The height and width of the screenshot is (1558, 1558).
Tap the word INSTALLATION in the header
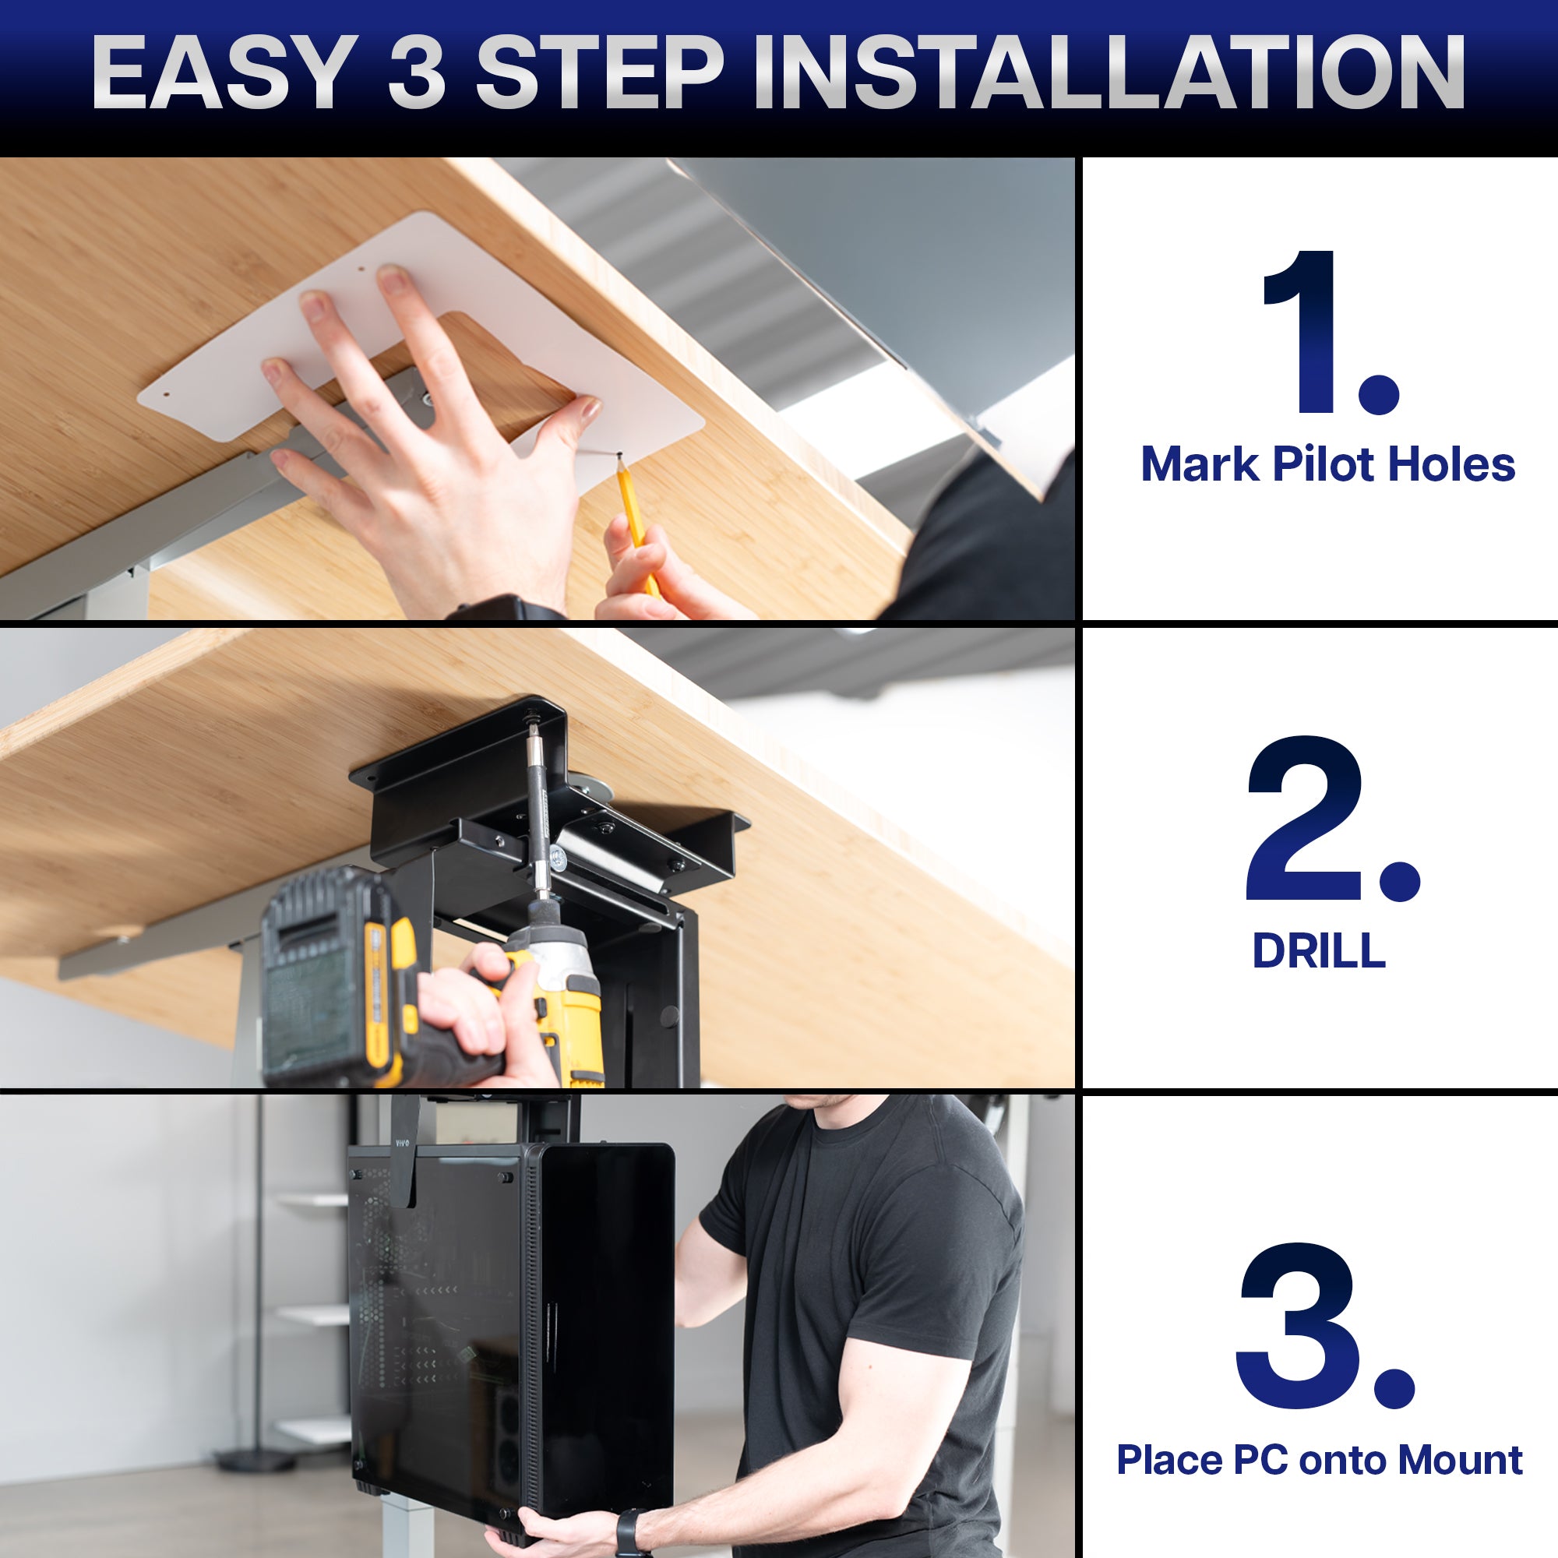click(1109, 72)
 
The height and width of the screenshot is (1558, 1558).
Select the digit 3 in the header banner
click(417, 72)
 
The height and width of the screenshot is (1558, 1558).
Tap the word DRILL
click(1319, 952)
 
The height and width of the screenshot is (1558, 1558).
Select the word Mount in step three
click(1460, 1461)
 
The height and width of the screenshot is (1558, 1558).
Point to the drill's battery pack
click(330, 976)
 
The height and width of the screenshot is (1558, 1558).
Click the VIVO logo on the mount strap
click(402, 1143)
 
